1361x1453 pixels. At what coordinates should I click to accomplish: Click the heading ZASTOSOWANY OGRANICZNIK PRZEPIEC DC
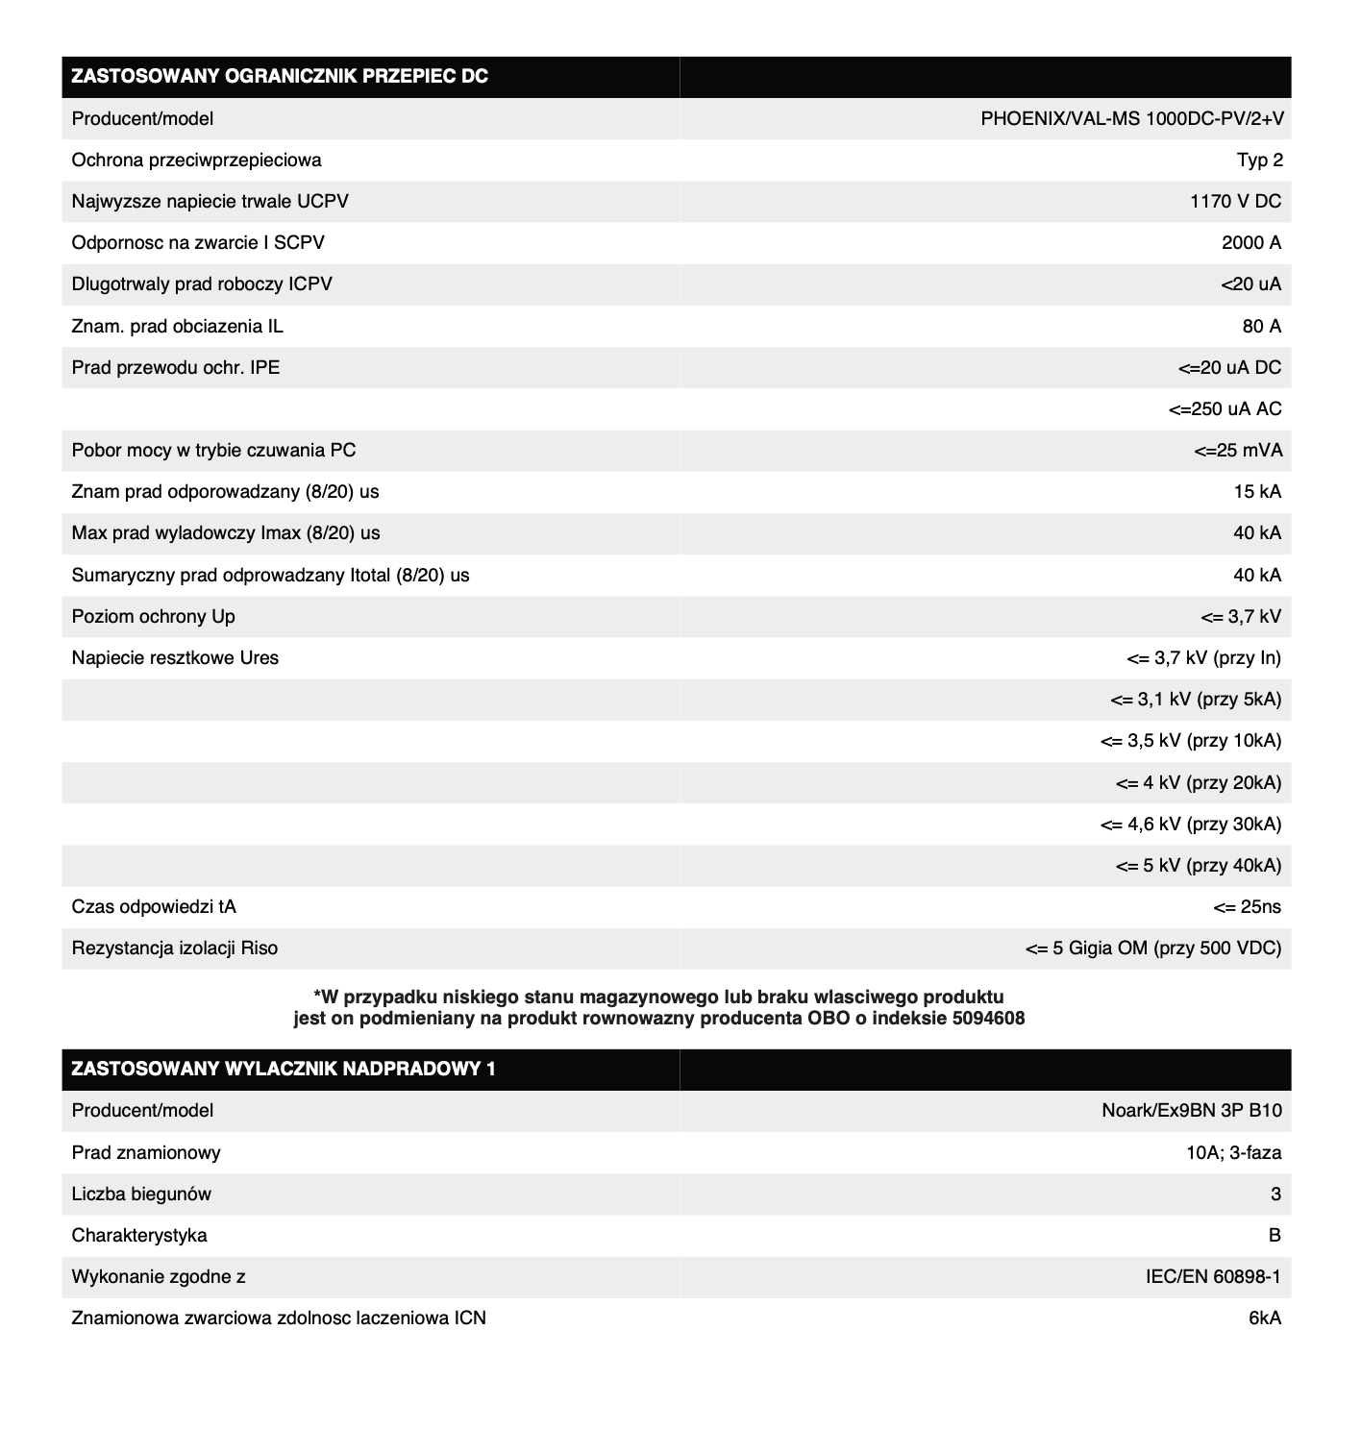pyautogui.click(x=280, y=77)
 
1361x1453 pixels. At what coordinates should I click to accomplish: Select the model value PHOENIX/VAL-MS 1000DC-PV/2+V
pyautogui.click(x=1131, y=119)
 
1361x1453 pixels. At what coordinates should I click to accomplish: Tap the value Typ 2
pyautogui.click(x=1259, y=160)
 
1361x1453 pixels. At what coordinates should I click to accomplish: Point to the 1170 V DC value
pyautogui.click(x=1235, y=202)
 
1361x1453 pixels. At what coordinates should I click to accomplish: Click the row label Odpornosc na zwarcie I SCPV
pyautogui.click(x=198, y=243)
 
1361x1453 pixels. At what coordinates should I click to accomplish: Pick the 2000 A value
pyautogui.click(x=1251, y=243)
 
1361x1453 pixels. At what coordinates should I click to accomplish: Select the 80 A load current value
pyautogui.click(x=1261, y=327)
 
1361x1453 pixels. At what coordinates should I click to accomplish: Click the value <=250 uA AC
pyautogui.click(x=1225, y=409)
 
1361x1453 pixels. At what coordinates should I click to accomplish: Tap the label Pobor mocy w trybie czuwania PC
pyautogui.click(x=213, y=451)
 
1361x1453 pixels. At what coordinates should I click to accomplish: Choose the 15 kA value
pyautogui.click(x=1257, y=492)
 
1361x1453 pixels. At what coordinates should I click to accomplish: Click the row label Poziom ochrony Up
pyautogui.click(x=153, y=617)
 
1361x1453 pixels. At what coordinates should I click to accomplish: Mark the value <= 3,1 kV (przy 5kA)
pyautogui.click(x=1195, y=700)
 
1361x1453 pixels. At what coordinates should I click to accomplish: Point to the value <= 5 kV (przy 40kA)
pyautogui.click(x=1198, y=866)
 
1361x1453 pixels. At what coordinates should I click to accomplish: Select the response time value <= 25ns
pyautogui.click(x=1247, y=907)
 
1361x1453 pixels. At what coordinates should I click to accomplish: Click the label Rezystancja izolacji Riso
pyautogui.click(x=175, y=948)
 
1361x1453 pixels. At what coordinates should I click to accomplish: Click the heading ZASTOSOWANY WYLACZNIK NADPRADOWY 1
pyautogui.click(x=284, y=1069)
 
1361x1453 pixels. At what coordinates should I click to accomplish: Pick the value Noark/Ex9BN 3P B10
pyautogui.click(x=1191, y=1111)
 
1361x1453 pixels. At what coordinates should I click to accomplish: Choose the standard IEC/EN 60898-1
pyautogui.click(x=1213, y=1277)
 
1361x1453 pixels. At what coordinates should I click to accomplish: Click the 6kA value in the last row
pyautogui.click(x=1265, y=1318)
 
